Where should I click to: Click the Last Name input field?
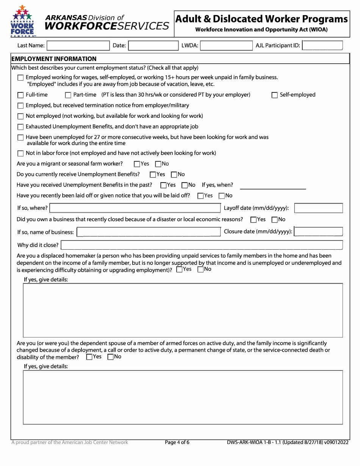point(78,46)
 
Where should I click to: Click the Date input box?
point(153,46)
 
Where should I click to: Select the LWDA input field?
point(226,46)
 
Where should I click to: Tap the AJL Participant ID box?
point(322,46)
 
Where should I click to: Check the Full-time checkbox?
point(20,95)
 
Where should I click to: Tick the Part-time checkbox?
point(68,95)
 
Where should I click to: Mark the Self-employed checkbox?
point(275,95)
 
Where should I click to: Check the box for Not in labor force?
point(20,153)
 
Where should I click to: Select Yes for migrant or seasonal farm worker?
point(137,164)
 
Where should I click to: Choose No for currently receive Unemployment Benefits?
point(174,175)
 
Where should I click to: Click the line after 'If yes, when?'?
point(273,186)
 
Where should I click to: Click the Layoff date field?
point(319,208)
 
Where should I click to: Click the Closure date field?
point(319,231)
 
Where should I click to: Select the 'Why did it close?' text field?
point(202,245)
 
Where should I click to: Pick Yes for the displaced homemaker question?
point(179,269)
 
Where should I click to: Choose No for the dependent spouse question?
point(111,357)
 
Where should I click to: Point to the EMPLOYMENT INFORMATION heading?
point(54,59)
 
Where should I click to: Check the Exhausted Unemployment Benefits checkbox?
point(20,127)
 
